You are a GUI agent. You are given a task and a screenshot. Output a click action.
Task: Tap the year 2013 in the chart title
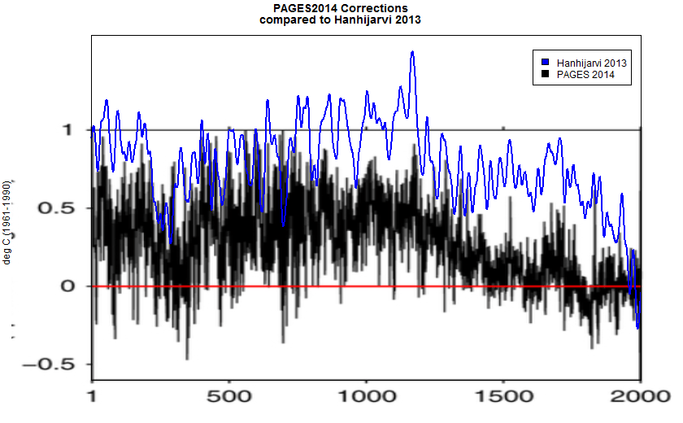[x=407, y=20]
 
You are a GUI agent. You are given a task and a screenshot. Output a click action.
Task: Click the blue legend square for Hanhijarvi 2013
[x=545, y=62]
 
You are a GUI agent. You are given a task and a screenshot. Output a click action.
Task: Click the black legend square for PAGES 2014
[x=545, y=74]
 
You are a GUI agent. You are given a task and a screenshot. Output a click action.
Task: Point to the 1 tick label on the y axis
[x=69, y=130]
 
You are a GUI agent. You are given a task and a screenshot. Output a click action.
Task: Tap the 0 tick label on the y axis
[x=69, y=286]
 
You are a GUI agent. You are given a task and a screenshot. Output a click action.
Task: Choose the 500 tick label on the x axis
[x=229, y=400]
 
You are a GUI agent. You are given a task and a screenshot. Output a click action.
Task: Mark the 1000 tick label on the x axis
[x=366, y=400]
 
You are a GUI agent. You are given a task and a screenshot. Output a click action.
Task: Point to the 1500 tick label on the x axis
[x=503, y=400]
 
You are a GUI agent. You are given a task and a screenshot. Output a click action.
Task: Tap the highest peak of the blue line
[x=412, y=52]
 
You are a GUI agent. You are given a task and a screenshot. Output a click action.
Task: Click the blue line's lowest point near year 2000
[x=638, y=327]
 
